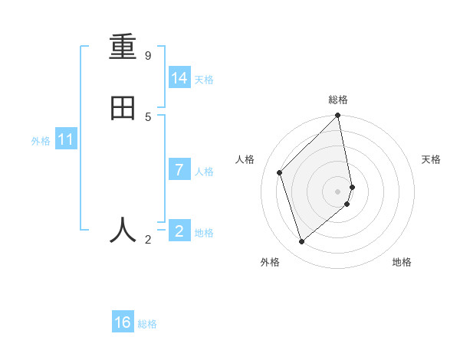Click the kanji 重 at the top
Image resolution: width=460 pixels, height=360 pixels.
tap(123, 47)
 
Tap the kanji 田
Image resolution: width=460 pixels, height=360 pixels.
tap(123, 107)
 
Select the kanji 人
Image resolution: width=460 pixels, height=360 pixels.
tap(123, 229)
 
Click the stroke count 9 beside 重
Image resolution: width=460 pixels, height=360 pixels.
tap(148, 56)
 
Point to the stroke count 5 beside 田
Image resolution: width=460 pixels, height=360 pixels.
tap(148, 116)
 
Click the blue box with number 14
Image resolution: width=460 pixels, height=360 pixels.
tap(179, 78)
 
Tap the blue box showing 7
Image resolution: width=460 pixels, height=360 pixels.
tap(179, 170)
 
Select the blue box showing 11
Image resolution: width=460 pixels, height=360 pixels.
tap(66, 140)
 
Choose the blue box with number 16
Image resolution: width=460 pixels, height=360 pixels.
tap(123, 322)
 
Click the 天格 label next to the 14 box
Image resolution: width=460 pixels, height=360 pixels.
tap(204, 80)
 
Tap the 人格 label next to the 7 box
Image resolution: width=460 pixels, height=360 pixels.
tap(204, 172)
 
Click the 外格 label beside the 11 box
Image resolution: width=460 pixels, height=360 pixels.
tap(41, 141)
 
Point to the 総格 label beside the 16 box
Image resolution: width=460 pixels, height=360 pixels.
tap(147, 324)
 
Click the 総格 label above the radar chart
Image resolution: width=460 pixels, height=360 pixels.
tap(338, 100)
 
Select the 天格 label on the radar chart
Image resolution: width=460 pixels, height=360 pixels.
tap(431, 159)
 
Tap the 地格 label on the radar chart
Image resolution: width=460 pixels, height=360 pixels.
tap(402, 262)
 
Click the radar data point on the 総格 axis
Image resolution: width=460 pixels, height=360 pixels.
tap(338, 116)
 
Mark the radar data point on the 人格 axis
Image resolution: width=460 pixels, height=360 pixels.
tap(280, 172)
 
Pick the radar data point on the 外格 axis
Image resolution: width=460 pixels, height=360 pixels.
tap(302, 242)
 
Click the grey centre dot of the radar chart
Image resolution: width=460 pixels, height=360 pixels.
tap(338, 191)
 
